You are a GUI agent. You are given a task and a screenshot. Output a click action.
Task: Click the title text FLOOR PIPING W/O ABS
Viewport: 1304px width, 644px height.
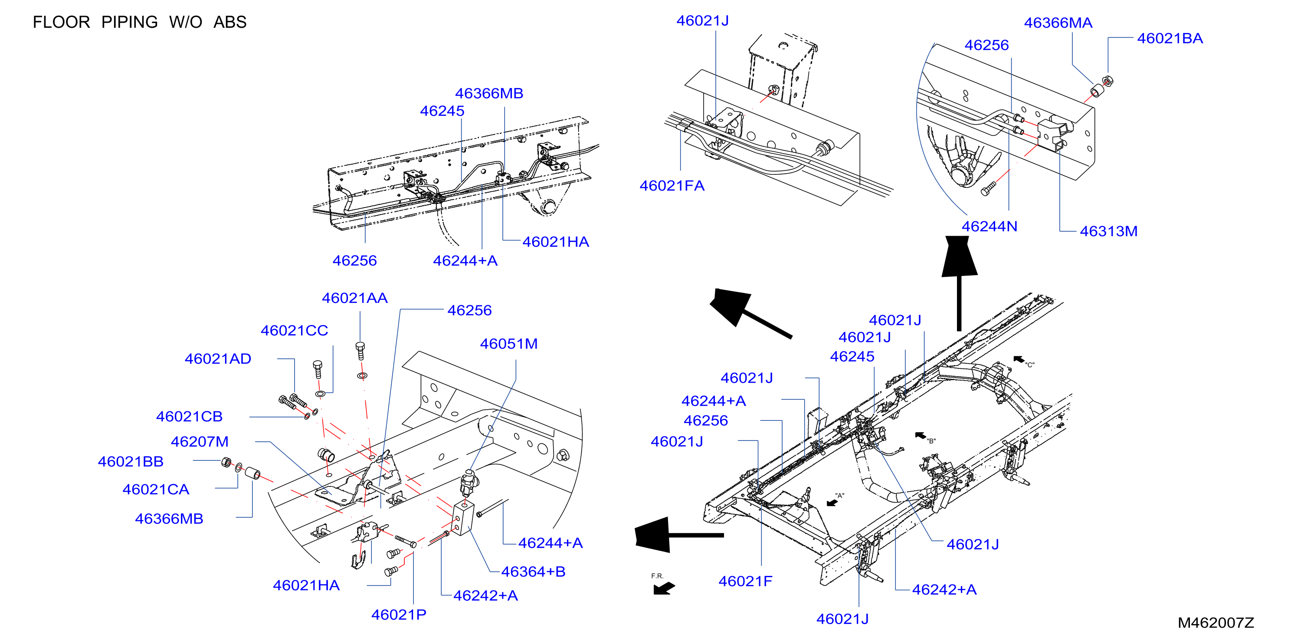click(x=140, y=22)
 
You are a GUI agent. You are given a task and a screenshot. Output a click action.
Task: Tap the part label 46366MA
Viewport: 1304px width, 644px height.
click(x=1058, y=23)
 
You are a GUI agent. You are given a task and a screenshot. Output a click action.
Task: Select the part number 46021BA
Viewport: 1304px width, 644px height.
click(x=1170, y=39)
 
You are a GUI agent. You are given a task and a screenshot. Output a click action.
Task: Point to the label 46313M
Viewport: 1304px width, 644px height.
click(x=1109, y=231)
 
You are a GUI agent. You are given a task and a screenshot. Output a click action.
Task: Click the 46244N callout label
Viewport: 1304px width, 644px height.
click(x=989, y=227)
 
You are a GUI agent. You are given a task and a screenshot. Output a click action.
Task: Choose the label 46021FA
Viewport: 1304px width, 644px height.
click(x=672, y=186)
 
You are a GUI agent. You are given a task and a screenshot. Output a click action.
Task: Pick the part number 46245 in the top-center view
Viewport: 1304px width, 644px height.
click(x=442, y=111)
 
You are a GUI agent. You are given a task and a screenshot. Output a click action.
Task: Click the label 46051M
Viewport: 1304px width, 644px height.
click(x=509, y=344)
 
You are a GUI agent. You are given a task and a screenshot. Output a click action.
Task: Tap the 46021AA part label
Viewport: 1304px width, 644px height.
click(x=355, y=298)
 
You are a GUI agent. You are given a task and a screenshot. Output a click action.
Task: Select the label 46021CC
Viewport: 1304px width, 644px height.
click(x=294, y=331)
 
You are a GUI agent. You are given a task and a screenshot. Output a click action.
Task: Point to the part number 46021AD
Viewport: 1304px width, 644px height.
click(x=218, y=359)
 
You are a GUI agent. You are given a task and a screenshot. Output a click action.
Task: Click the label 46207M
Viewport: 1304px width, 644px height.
click(x=200, y=442)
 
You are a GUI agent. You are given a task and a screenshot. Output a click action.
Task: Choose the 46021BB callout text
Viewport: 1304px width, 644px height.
click(x=131, y=462)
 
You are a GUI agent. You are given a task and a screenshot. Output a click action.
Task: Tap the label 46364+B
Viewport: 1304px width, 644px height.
click(x=533, y=572)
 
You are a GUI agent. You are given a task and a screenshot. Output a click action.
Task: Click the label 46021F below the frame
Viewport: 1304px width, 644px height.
click(x=745, y=581)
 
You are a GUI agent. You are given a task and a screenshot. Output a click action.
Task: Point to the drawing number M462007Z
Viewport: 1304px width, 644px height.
click(x=1216, y=623)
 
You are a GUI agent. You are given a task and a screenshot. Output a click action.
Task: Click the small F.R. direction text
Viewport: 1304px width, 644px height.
click(x=657, y=576)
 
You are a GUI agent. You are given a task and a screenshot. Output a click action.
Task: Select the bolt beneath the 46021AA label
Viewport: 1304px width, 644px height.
click(x=360, y=351)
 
